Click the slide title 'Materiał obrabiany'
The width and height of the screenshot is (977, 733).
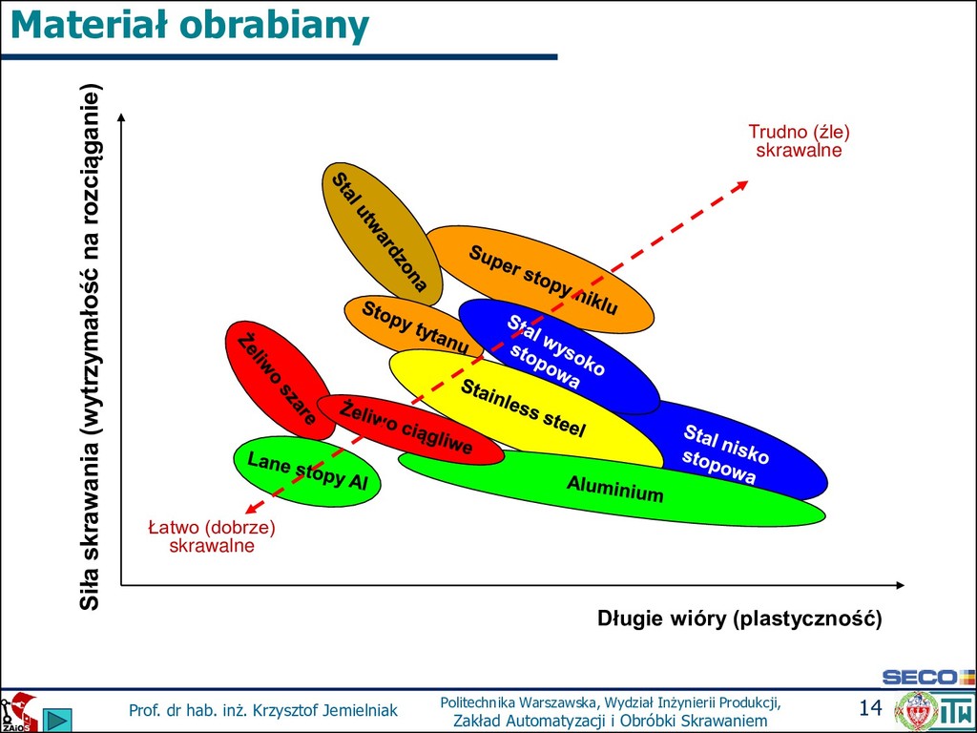(189, 26)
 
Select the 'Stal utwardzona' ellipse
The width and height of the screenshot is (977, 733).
(379, 232)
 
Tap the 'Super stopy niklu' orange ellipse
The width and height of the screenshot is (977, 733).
(541, 279)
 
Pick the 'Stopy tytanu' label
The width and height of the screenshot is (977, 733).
(414, 325)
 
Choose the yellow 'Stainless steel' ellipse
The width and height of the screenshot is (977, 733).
(523, 408)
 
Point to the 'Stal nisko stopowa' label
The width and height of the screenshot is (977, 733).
(725, 454)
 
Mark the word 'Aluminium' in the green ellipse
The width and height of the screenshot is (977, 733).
(614, 490)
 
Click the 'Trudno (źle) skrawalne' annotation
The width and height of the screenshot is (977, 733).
(799, 140)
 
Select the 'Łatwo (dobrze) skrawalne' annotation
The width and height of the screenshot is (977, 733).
(212, 536)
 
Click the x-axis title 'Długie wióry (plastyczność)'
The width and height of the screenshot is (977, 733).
(739, 618)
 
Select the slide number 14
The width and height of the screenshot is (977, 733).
(870, 707)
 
